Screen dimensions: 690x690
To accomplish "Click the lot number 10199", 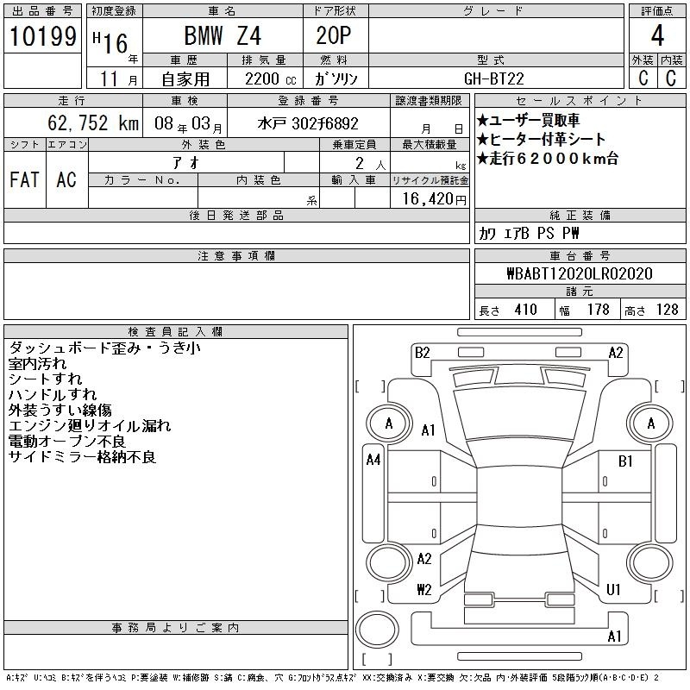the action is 42,36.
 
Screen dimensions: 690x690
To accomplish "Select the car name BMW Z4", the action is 223,35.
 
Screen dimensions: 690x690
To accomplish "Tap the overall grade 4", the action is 657,35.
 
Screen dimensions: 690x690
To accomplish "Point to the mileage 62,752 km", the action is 93,122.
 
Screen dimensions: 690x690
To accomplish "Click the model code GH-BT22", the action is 493,78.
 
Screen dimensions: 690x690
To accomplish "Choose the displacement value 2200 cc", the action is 270,78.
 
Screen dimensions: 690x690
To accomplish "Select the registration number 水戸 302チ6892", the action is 308,123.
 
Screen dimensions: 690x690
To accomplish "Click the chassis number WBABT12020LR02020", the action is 580,273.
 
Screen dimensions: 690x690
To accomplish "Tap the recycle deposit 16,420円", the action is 435,199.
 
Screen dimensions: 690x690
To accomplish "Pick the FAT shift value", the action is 25,179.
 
